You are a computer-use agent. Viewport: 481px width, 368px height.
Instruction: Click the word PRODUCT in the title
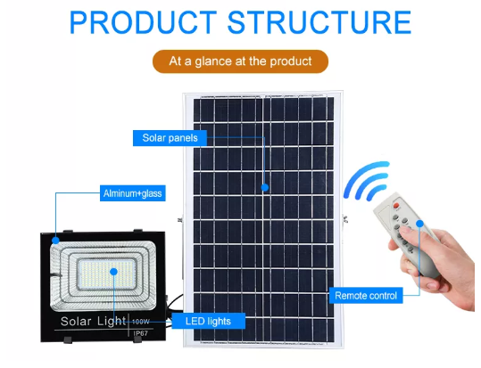tap(143, 22)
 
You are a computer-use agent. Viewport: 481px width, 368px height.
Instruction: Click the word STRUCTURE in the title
tap(319, 22)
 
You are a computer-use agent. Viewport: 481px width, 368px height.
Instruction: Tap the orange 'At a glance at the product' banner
tap(240, 61)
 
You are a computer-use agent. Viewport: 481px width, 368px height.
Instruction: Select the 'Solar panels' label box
tap(170, 138)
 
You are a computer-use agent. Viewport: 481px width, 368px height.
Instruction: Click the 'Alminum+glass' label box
tap(132, 193)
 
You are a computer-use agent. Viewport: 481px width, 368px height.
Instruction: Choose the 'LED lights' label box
tap(208, 321)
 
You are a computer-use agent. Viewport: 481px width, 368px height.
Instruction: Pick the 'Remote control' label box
tap(366, 296)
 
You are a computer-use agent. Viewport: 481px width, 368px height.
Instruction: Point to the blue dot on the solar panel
tap(265, 187)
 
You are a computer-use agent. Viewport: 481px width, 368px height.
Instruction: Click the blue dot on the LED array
tap(113, 272)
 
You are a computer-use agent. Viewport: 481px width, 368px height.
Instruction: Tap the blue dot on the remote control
tap(419, 224)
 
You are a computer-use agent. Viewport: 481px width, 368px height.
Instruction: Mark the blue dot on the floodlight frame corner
tap(55, 241)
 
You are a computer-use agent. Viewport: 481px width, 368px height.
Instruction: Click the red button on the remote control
tap(396, 206)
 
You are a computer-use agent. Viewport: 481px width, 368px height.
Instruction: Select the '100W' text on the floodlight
tap(141, 322)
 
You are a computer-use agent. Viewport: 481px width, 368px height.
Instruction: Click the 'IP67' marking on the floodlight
tap(141, 333)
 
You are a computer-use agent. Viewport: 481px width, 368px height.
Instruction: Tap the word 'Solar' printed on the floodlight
tap(76, 322)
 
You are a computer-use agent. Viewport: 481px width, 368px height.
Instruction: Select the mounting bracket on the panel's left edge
tap(179, 220)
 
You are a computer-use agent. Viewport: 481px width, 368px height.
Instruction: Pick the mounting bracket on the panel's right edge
tap(345, 219)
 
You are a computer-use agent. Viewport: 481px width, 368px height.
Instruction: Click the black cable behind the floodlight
tap(175, 302)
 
